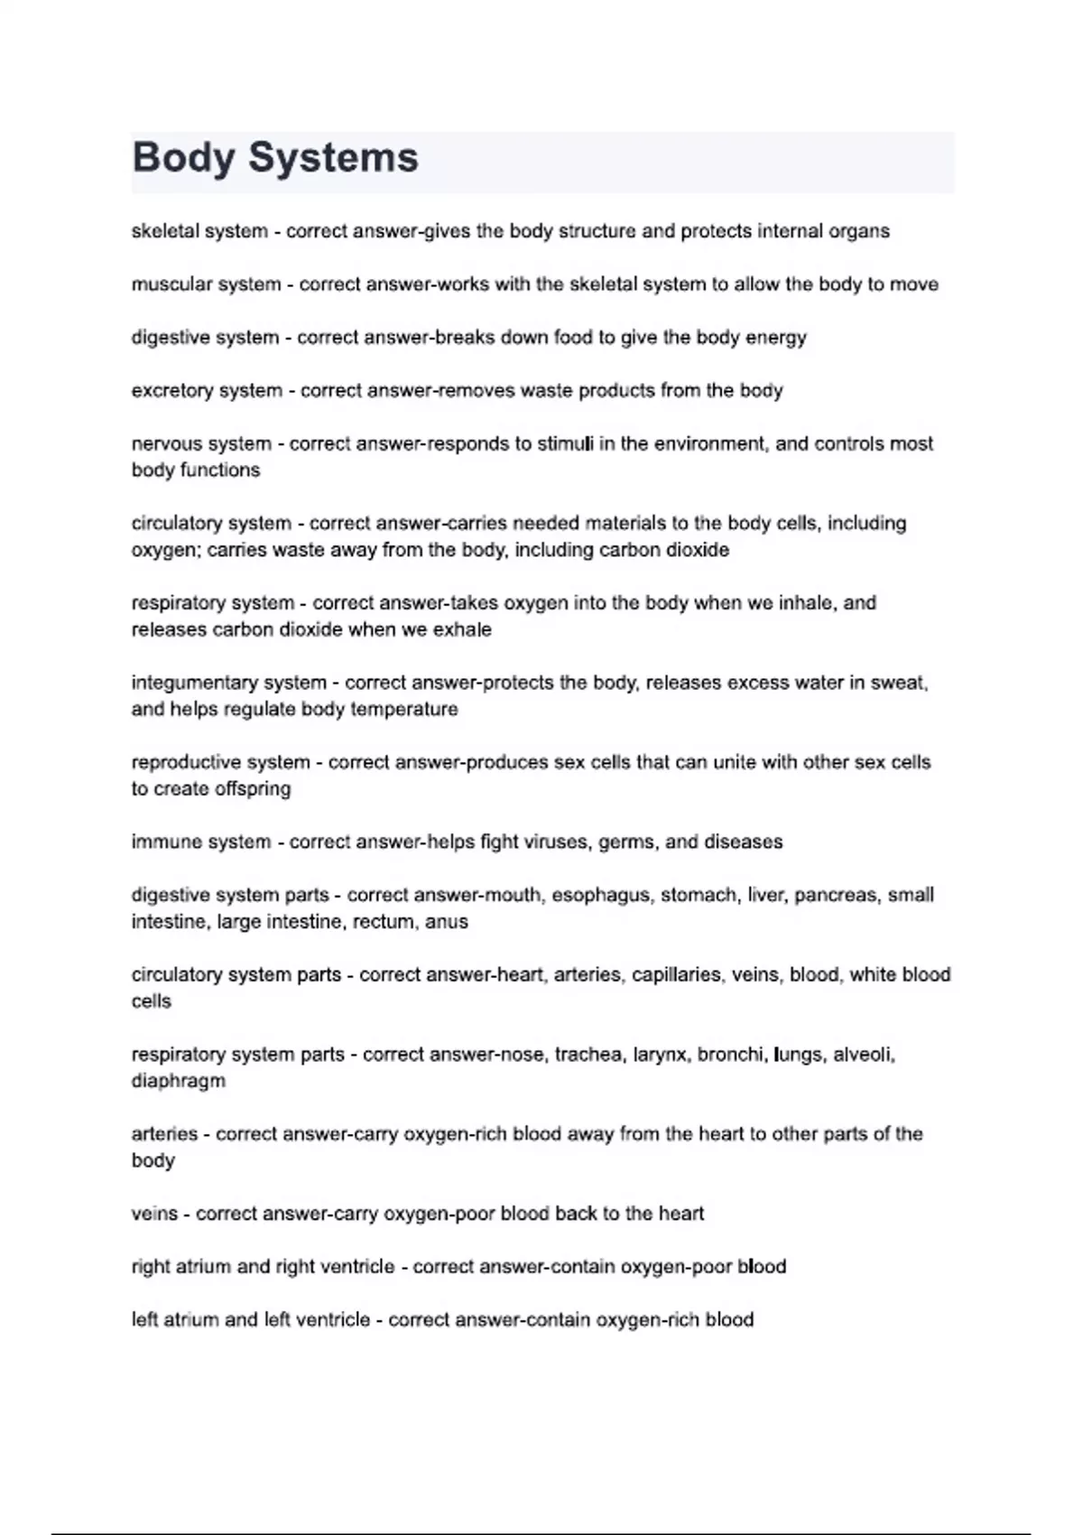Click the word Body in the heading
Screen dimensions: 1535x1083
pos(183,158)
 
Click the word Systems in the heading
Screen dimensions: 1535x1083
pos(333,158)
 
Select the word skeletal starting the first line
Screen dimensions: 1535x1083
pos(165,231)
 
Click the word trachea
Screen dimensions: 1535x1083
pos(588,1055)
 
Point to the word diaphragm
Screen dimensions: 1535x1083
pos(179,1082)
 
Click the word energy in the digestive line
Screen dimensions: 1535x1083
pos(775,338)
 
